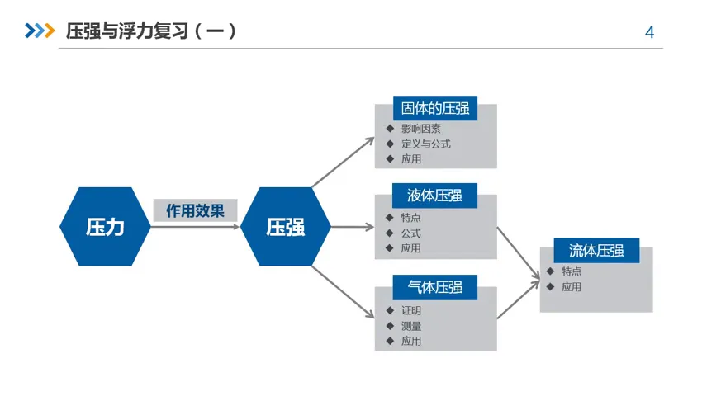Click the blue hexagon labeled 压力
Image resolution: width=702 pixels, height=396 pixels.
pyautogui.click(x=105, y=227)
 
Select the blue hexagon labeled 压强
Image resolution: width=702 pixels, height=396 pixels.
pyautogui.click(x=285, y=227)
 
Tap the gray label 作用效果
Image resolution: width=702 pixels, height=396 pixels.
pyautogui.click(x=195, y=210)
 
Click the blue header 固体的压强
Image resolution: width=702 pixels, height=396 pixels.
pyautogui.click(x=434, y=108)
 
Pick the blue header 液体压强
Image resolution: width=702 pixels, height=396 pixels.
pyautogui.click(x=434, y=196)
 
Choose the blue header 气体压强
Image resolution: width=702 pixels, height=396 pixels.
pyautogui.click(x=434, y=287)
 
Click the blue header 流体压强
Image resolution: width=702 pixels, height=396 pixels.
pyautogui.click(x=596, y=250)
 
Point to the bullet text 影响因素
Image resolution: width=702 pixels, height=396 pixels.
pyautogui.click(x=421, y=129)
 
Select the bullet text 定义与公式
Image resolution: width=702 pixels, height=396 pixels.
pyautogui.click(x=426, y=144)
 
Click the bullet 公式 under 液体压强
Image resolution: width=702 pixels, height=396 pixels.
pyautogui.click(x=411, y=233)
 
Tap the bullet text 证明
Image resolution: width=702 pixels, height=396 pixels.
pyautogui.click(x=411, y=311)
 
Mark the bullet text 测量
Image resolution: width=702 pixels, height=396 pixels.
pyautogui.click(x=411, y=326)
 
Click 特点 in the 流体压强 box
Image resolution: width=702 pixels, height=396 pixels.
pyautogui.click(x=572, y=271)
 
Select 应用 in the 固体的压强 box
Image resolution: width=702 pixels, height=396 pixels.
pyautogui.click(x=411, y=158)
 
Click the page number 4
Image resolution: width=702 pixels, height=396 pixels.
pyautogui.click(x=649, y=32)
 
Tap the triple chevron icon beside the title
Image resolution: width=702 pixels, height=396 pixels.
pyautogui.click(x=40, y=31)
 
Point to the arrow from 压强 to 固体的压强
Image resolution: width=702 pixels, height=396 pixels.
pyautogui.click(x=343, y=162)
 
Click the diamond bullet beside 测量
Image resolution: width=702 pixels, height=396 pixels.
pyautogui.click(x=390, y=326)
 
